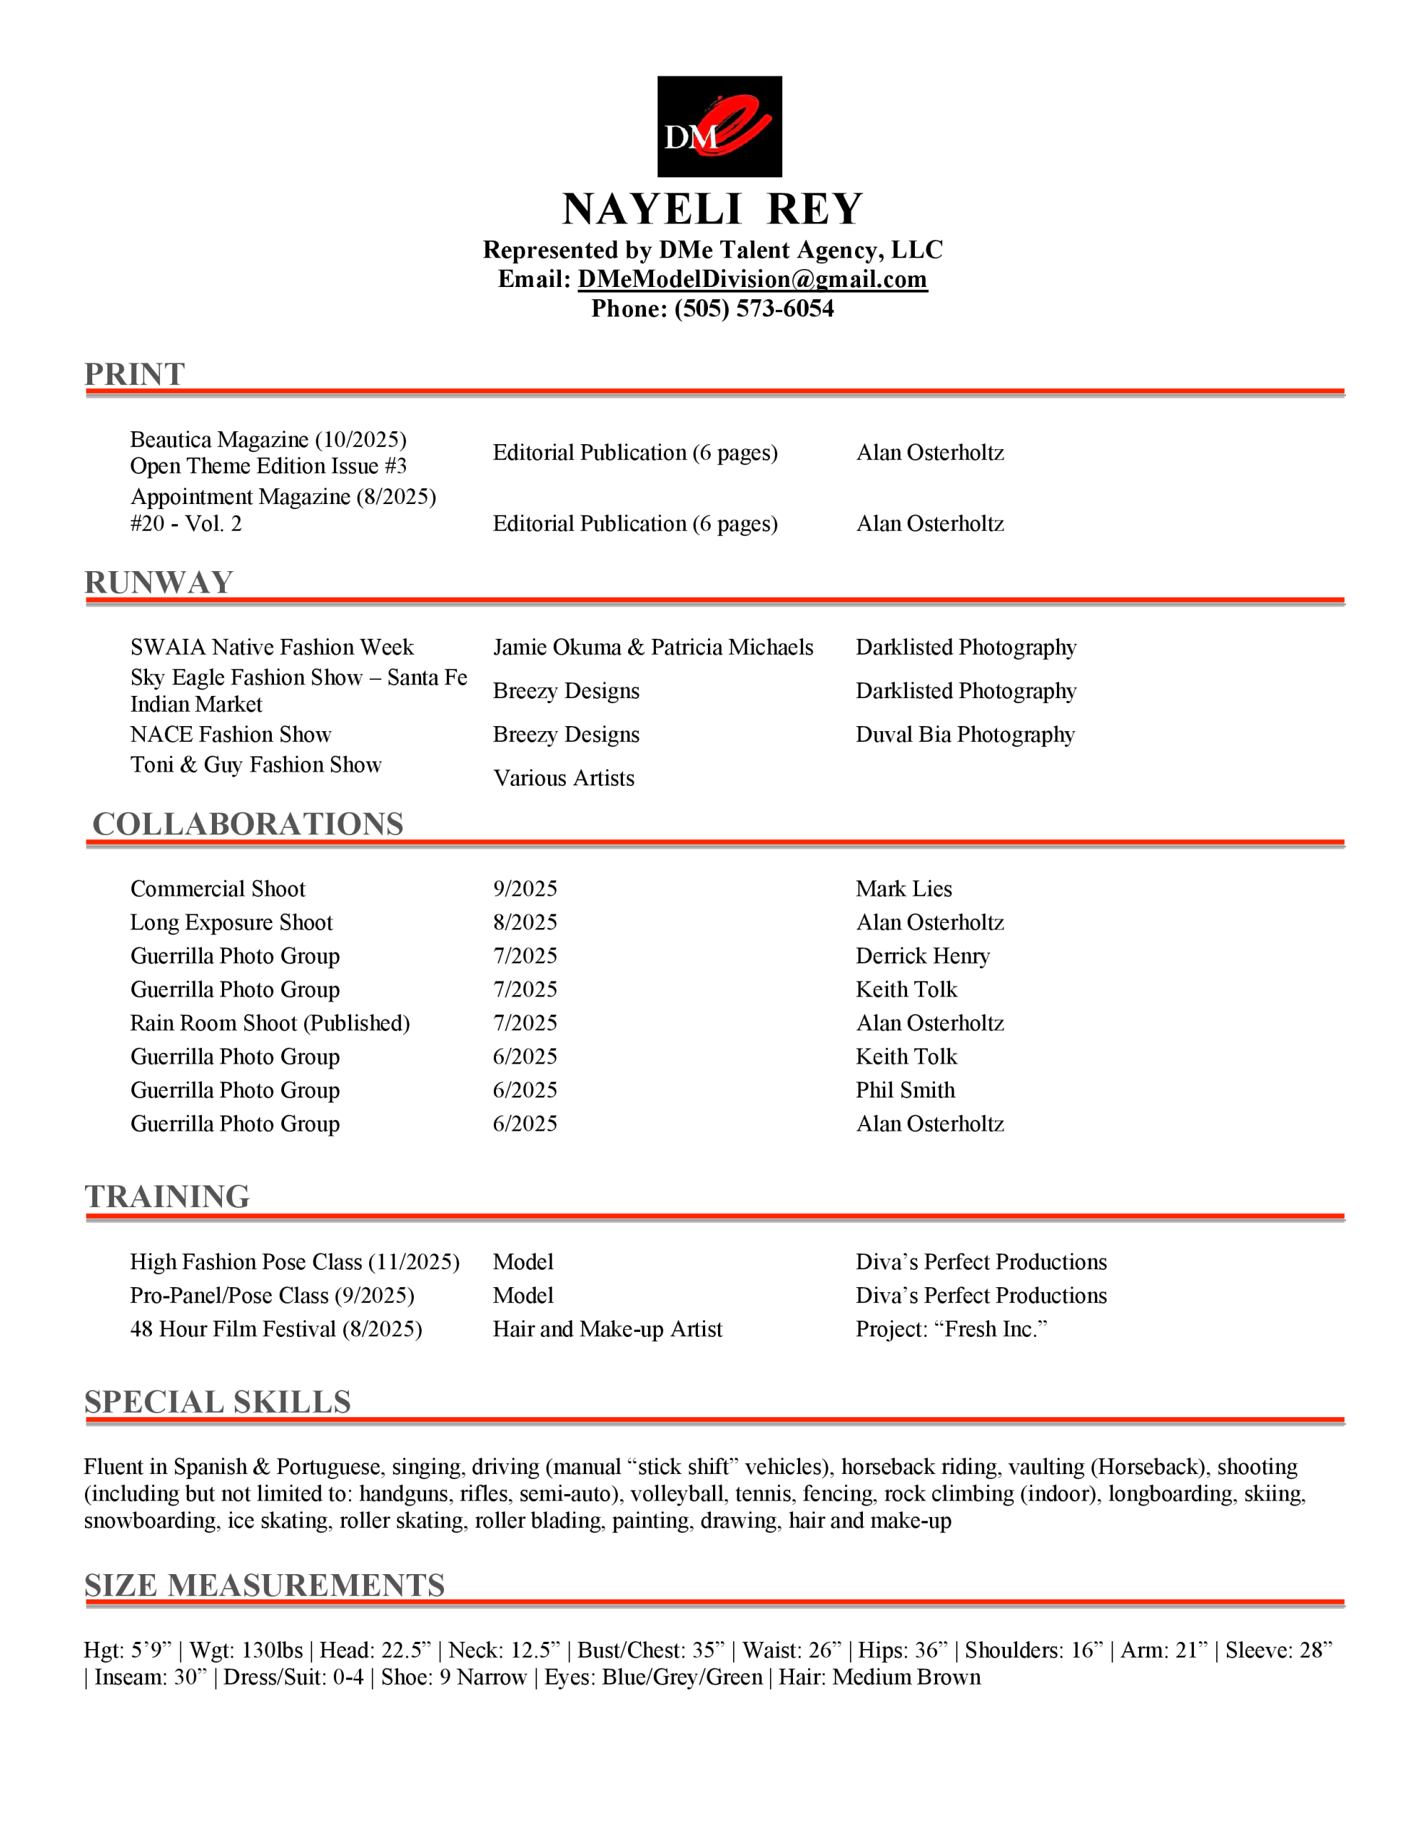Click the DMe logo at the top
point(719,127)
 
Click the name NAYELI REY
point(712,209)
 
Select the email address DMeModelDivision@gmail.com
point(753,280)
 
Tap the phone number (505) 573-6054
point(753,309)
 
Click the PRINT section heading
point(134,374)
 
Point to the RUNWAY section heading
point(159,583)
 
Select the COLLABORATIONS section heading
point(248,824)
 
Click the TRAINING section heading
point(167,1197)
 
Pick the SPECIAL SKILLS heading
point(217,1403)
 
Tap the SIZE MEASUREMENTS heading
point(265,1586)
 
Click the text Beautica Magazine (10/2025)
point(268,440)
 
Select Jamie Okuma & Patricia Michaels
point(652,648)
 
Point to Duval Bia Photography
point(965,735)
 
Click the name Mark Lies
point(903,889)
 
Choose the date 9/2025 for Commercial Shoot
point(525,889)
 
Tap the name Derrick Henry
point(922,956)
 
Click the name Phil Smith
point(905,1090)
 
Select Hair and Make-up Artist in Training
point(607,1330)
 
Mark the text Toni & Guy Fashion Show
point(255,765)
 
